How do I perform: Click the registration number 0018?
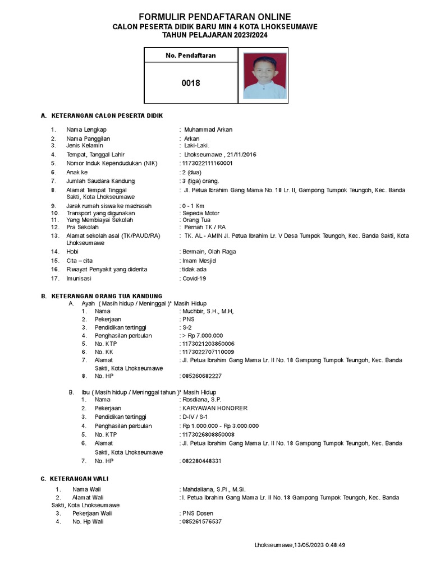[190, 84]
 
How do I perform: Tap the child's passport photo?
[264, 76]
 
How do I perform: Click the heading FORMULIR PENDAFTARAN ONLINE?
[215, 17]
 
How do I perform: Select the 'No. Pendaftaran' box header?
[190, 55]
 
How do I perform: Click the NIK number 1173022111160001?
[206, 163]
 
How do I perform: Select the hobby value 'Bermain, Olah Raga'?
[208, 252]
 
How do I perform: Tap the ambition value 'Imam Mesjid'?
[199, 261]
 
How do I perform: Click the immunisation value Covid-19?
[194, 278]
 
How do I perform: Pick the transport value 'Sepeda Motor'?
[200, 213]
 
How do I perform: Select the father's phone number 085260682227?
[201, 376]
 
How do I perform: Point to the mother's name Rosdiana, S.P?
[201, 400]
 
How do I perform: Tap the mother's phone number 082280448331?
[201, 461]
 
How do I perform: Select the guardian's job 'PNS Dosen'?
[197, 513]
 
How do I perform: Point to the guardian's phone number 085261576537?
[201, 521]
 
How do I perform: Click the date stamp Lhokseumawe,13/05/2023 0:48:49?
[300, 545]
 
